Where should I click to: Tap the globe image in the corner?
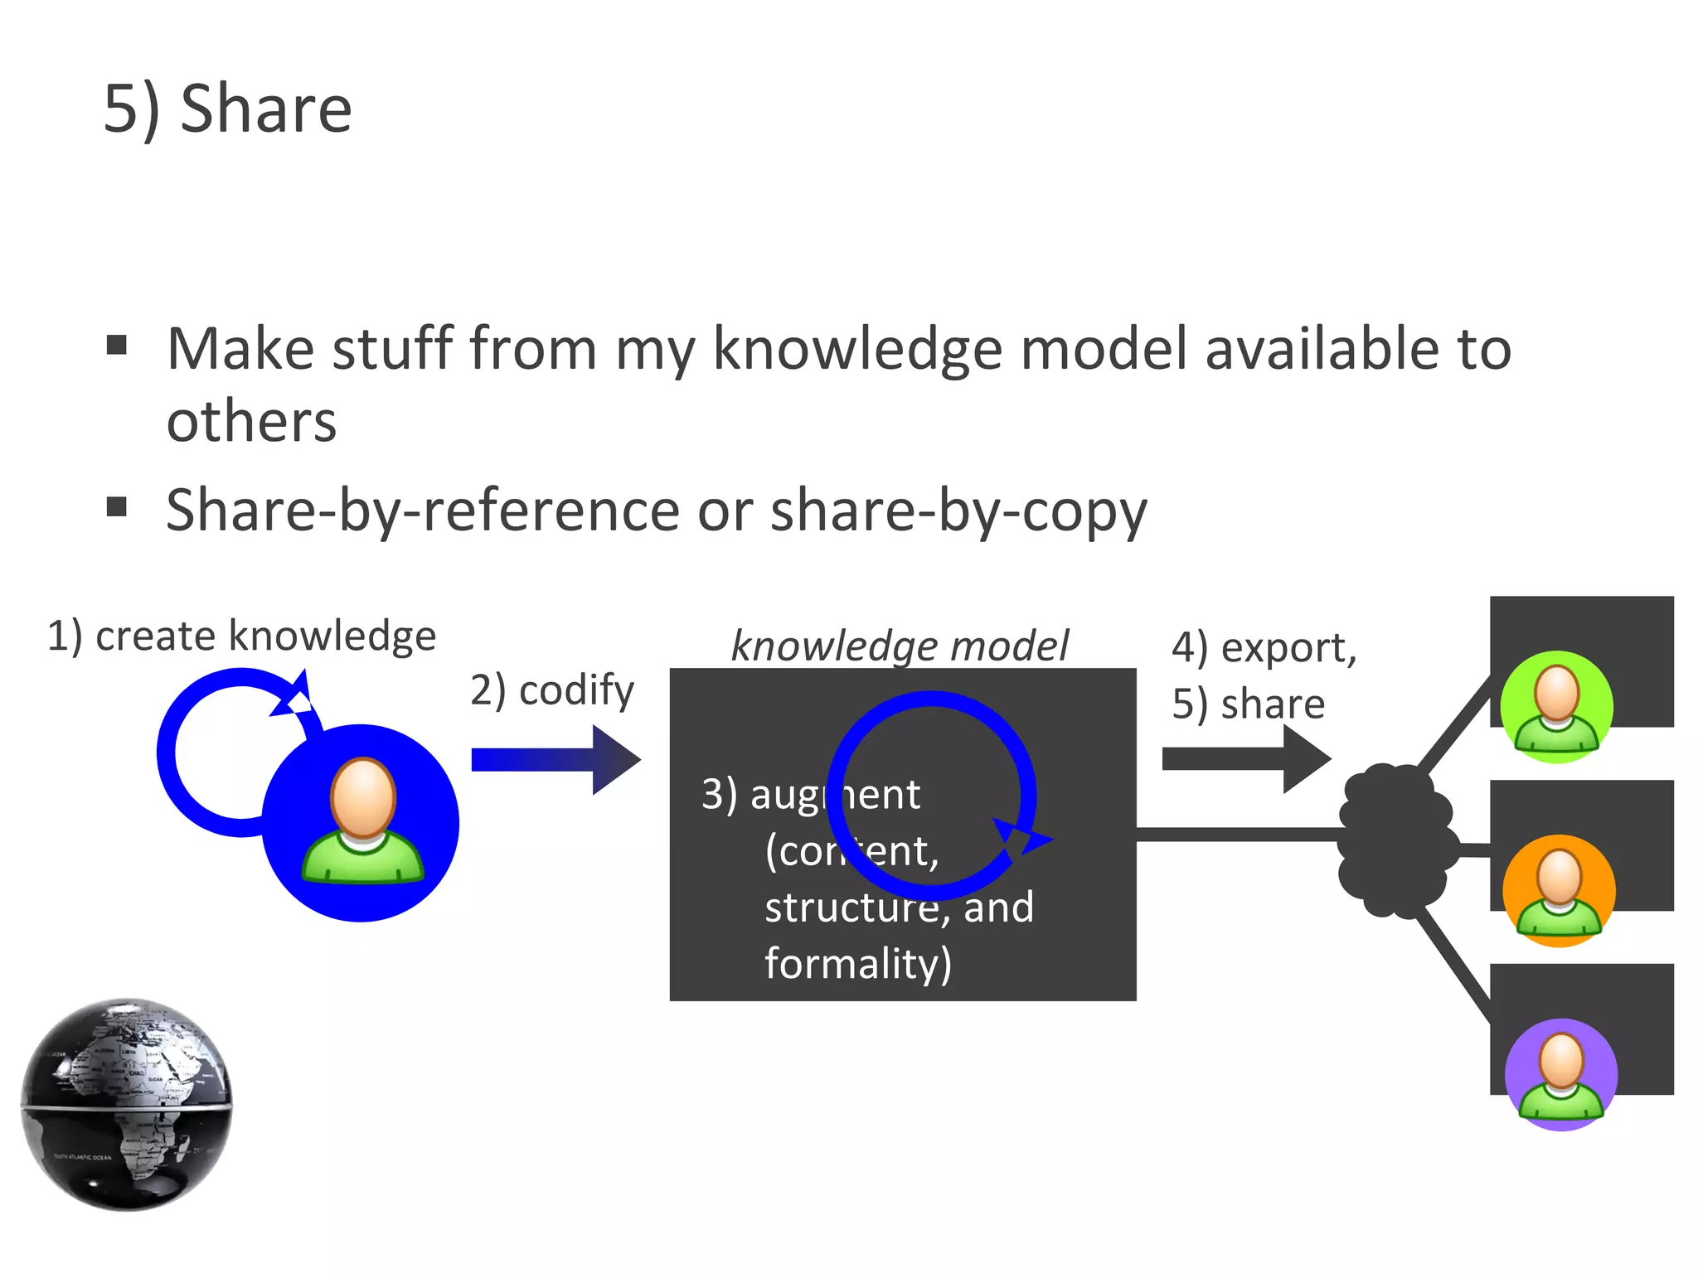(x=126, y=1104)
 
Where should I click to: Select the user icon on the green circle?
(x=1557, y=706)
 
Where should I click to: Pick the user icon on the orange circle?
(x=1559, y=891)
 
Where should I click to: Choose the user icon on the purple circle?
(x=1561, y=1075)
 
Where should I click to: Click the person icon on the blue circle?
(x=362, y=820)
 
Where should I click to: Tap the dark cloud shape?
(x=1395, y=841)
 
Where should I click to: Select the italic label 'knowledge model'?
(x=900, y=646)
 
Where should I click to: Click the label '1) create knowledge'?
(x=241, y=636)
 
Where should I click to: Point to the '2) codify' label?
(x=552, y=690)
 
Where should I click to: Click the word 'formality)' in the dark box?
(x=857, y=963)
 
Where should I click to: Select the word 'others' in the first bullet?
(x=251, y=421)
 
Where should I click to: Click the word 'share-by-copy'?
(x=958, y=511)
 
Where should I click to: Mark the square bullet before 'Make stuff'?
(x=117, y=345)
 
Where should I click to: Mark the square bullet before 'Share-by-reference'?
(x=117, y=506)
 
